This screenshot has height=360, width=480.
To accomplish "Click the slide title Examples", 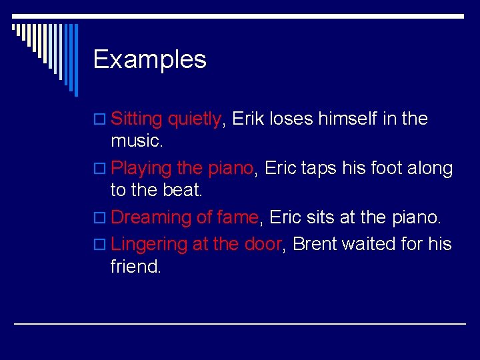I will pos(150,60).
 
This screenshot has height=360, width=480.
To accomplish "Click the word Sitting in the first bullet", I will pos(137,119).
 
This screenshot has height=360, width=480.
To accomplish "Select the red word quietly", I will pos(194,119).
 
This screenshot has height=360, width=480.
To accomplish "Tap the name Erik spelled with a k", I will pos(249,119).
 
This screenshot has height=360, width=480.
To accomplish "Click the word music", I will pos(137,141).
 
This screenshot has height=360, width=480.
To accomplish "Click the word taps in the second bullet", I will pos(319,168).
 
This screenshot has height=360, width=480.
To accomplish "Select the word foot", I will pos(393,168).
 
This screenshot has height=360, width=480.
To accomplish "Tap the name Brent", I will pos(315,244).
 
